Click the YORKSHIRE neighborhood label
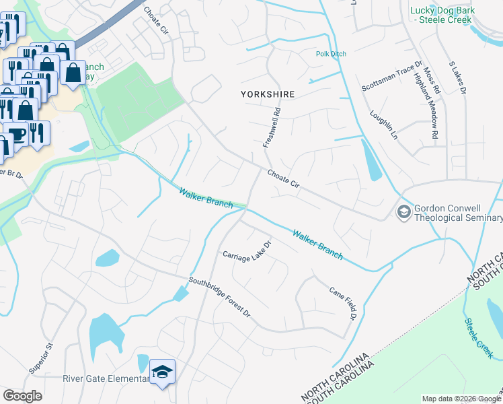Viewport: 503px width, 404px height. pos(268,95)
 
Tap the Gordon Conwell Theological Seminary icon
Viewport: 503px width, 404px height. pos(403,212)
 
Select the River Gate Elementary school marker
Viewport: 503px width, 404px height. pos(162,372)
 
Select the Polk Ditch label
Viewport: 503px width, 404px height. pos(330,55)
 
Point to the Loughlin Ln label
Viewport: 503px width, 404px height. pos(384,125)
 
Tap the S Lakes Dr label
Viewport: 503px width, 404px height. pos(458,79)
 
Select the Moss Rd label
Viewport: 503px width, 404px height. pos(432,79)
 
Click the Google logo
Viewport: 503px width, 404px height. pos(22,396)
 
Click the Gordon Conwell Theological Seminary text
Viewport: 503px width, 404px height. pos(458,213)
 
